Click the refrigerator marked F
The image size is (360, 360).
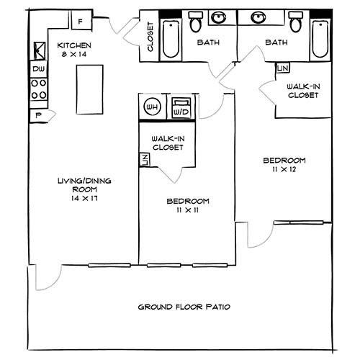(81, 20)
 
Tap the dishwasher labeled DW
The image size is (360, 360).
(39, 69)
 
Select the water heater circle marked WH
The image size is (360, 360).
(152, 107)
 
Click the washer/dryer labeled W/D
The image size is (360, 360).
(181, 108)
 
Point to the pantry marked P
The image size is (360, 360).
(39, 116)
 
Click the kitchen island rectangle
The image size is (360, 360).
(90, 89)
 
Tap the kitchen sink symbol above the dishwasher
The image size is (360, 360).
(40, 51)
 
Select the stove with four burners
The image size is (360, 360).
(39, 89)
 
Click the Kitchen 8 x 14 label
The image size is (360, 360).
(74, 50)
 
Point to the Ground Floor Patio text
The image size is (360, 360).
(184, 307)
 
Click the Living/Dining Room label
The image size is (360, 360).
(84, 185)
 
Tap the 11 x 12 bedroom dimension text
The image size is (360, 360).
(284, 169)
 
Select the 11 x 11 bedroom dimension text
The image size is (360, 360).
(188, 210)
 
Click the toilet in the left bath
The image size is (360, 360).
(196, 22)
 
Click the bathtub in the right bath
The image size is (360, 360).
(320, 39)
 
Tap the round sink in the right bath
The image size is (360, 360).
(258, 17)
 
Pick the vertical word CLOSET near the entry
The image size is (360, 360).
(150, 37)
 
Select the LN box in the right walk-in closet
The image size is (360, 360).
(283, 68)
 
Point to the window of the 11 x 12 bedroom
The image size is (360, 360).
(298, 222)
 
